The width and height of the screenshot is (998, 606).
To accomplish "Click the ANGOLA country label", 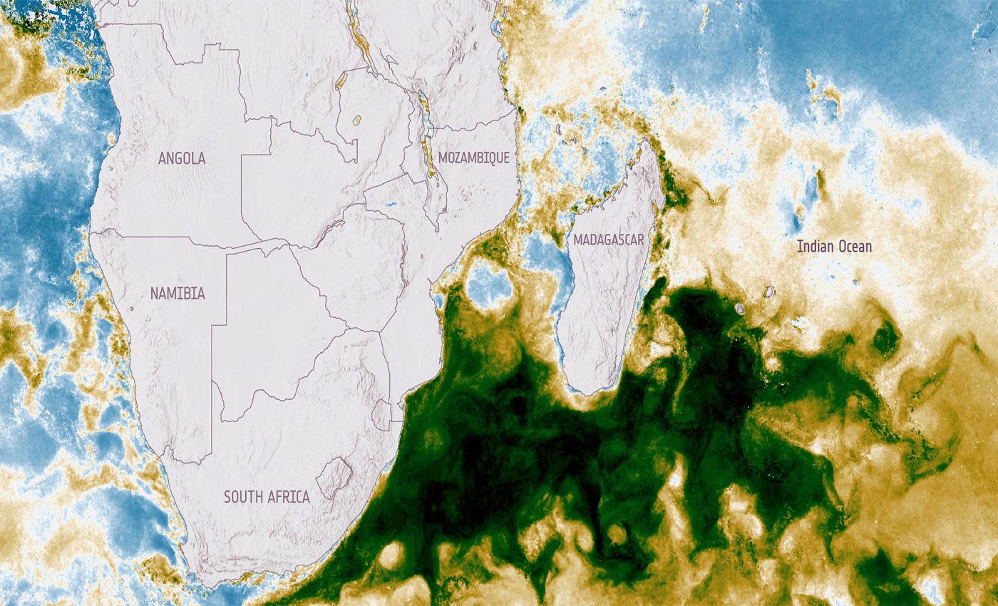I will (182, 158).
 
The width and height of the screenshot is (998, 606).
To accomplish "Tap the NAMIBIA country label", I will (178, 293).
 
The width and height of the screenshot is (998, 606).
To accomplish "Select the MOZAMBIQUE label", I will (474, 158).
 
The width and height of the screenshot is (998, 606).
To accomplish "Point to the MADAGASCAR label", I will (609, 240).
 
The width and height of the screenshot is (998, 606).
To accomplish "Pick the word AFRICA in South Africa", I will (289, 497).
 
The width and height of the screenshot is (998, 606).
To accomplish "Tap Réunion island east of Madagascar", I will (740, 308).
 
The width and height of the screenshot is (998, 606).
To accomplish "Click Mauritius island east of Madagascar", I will (769, 292).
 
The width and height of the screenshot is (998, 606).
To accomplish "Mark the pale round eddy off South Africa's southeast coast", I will (391, 555).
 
